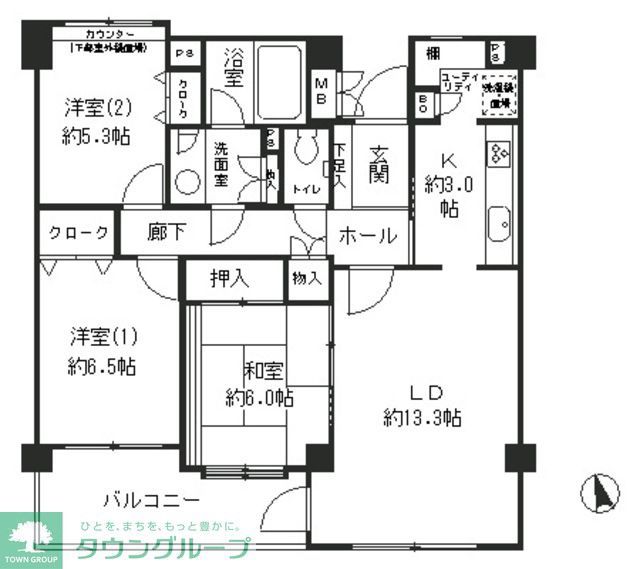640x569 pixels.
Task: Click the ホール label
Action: pyautogui.click(x=368, y=237)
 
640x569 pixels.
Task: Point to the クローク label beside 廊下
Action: pyautogui.click(x=78, y=233)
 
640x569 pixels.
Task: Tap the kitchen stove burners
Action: pyautogui.click(x=498, y=152)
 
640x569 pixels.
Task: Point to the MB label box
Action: pyautogui.click(x=324, y=90)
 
